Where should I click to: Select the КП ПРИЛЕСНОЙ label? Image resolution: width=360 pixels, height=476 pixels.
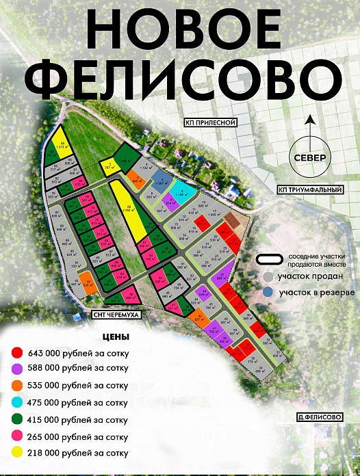pos(210,123)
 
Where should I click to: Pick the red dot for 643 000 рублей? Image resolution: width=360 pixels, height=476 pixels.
pos(18,352)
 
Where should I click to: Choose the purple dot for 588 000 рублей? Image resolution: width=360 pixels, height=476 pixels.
pos(18,369)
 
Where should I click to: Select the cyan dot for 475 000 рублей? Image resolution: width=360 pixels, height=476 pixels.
pos(18,403)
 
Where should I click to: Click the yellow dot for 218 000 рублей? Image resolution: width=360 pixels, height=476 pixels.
pos(18,453)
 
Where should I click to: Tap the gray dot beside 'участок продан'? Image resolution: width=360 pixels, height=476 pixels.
pos(268,277)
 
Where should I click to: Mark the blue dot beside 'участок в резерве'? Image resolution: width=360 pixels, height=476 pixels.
pos(268,292)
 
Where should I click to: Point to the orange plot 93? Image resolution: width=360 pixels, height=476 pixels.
pos(88,282)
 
